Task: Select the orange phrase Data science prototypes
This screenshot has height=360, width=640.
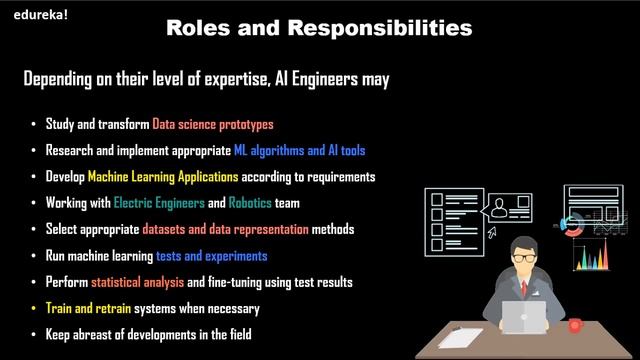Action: tap(213, 125)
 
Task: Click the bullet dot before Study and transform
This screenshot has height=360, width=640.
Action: tap(34, 125)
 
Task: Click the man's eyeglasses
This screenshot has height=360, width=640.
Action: tap(520, 258)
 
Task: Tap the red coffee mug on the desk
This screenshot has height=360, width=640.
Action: tap(575, 324)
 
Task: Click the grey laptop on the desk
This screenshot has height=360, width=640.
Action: tap(522, 318)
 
